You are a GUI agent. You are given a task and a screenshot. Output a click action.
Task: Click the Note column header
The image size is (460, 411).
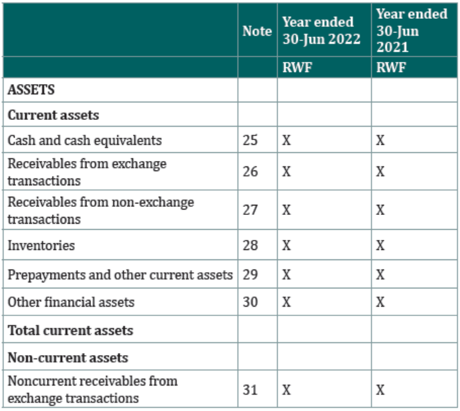point(257,31)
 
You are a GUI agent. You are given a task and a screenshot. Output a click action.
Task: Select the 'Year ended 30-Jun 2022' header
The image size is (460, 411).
point(321,30)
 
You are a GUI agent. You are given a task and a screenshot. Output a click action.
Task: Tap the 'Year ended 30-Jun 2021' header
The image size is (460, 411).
point(412,30)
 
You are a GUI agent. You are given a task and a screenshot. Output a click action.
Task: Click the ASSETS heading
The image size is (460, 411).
point(31,90)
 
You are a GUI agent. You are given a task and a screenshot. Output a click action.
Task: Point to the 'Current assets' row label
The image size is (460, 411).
point(53,115)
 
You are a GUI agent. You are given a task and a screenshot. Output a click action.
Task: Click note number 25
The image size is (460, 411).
point(250,140)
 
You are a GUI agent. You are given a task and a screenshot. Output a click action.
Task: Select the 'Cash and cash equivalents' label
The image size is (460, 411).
point(85,140)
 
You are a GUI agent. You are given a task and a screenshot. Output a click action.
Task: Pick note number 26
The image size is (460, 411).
point(250,172)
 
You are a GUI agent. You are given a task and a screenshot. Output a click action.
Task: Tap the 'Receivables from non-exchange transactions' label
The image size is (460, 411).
point(101,210)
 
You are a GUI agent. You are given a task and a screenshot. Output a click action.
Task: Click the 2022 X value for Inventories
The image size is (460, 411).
point(287,245)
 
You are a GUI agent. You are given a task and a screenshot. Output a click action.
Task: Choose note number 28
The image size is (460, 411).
point(250,245)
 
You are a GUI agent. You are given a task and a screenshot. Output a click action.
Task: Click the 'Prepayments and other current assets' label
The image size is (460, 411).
point(120,275)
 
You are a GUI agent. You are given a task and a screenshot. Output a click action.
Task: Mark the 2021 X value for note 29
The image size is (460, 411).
point(380,275)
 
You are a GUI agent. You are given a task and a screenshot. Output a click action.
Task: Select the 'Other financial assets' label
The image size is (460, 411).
point(71,303)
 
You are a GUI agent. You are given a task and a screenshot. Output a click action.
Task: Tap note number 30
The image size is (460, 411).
point(250,302)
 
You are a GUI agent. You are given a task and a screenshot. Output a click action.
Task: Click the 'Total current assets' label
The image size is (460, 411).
point(71,330)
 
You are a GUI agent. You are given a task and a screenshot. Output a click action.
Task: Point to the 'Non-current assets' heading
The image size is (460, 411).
point(68,358)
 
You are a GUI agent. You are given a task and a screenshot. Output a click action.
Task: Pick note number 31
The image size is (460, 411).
point(250,390)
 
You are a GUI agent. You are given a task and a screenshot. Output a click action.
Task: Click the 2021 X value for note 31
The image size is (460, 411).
point(380,390)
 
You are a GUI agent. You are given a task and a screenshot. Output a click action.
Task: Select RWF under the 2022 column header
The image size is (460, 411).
point(297,67)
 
